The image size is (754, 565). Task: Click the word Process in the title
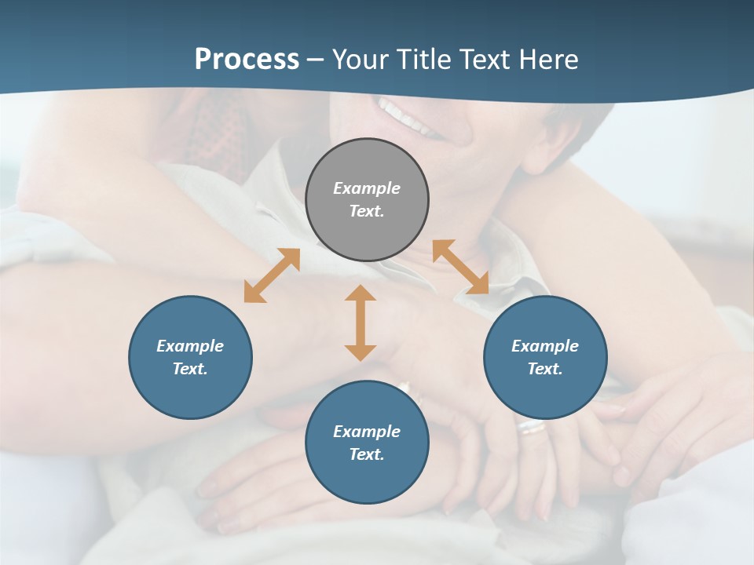[247, 60]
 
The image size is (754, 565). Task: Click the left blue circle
[190, 357]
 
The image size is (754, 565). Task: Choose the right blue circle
[545, 357]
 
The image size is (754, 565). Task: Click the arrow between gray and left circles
[272, 275]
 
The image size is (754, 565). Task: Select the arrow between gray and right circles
[460, 267]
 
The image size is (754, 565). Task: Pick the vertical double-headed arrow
[361, 323]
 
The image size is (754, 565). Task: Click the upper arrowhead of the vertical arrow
[361, 293]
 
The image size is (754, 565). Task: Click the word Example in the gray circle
[367, 188]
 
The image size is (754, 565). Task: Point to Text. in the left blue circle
[190, 369]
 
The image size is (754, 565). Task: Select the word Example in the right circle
[545, 346]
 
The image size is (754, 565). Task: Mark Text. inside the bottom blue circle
[367, 454]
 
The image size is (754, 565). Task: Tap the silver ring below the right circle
[532, 427]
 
